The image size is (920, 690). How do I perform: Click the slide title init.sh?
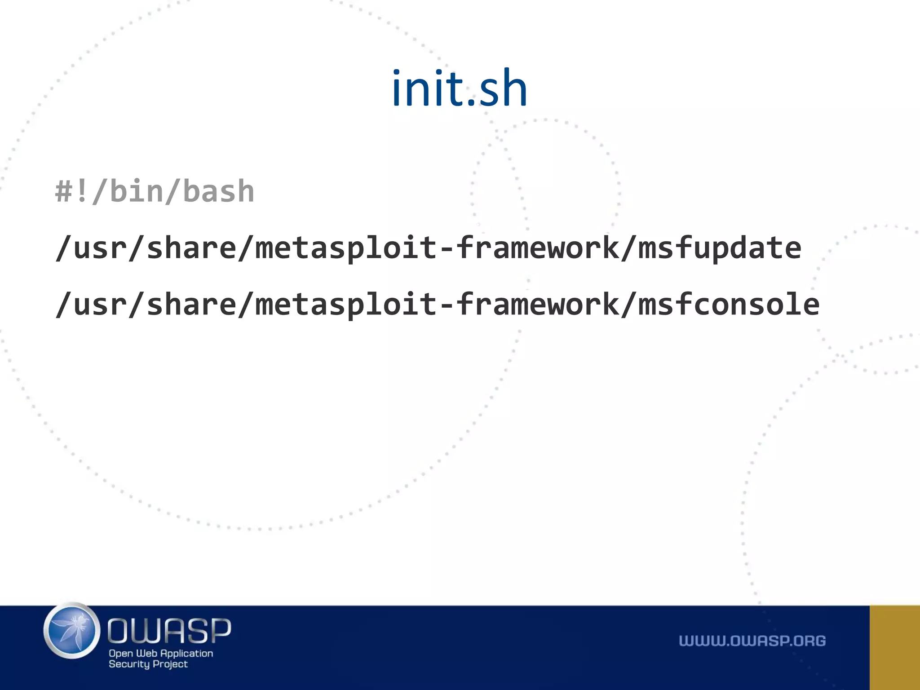459,88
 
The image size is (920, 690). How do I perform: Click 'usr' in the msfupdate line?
91,248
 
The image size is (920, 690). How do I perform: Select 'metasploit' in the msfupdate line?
346,248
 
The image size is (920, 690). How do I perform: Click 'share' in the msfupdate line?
191,248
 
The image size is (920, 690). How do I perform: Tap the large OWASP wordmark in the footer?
169,630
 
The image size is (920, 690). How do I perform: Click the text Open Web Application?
161,653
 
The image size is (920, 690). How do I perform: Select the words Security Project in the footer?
148,664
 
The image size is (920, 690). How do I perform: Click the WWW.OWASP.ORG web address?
752,641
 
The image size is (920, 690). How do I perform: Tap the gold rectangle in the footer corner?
894,647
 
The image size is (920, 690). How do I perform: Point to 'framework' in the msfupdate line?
537,248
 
